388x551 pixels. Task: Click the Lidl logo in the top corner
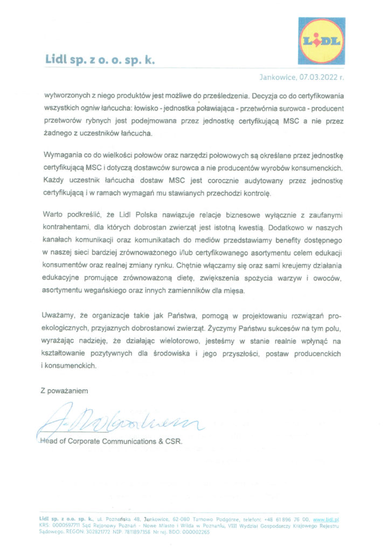pos(321,41)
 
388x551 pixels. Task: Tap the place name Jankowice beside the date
pos(278,77)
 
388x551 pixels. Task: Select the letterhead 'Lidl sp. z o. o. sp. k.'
pos(100,60)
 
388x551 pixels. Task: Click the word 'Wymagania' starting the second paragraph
pos(63,156)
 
